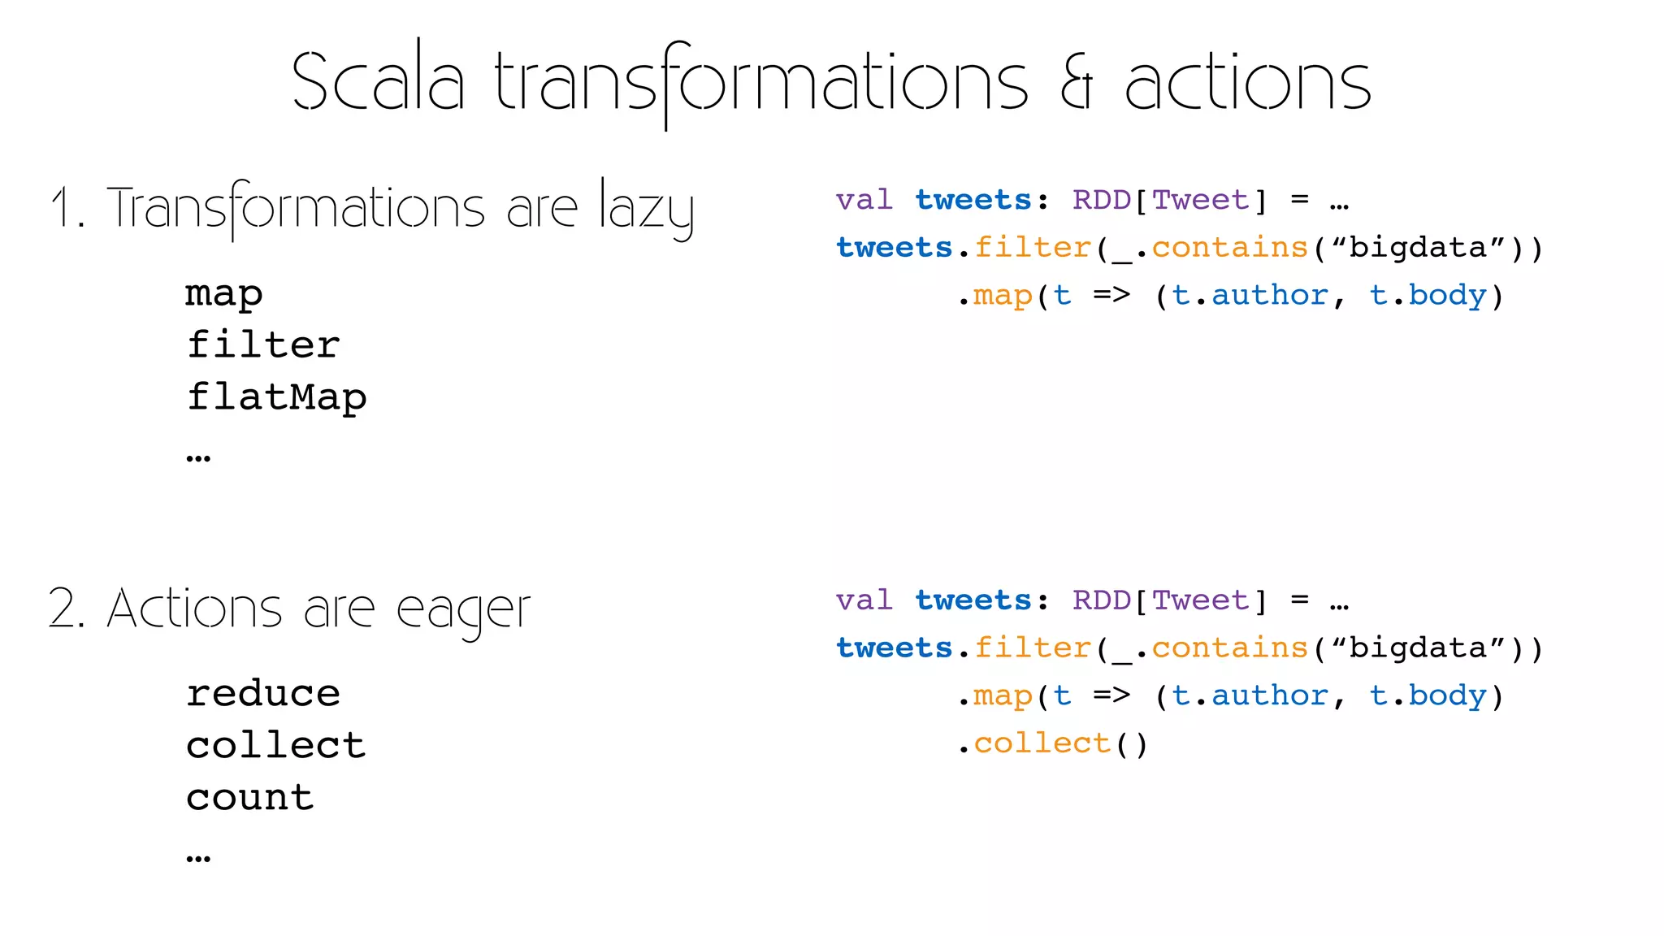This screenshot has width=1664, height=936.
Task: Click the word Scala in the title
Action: click(378, 81)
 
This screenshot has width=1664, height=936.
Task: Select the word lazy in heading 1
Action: click(647, 208)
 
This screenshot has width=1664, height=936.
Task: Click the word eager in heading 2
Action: click(463, 609)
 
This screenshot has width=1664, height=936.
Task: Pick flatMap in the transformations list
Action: click(276, 397)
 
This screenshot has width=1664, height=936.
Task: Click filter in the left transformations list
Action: click(263, 345)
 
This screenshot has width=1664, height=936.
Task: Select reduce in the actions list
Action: click(263, 693)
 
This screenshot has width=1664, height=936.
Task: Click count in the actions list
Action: click(250, 797)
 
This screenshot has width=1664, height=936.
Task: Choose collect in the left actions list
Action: click(276, 745)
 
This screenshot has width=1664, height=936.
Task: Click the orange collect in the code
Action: click(1042, 743)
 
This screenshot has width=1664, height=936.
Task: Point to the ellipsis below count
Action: click(198, 858)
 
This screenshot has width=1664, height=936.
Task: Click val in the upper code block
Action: click(864, 200)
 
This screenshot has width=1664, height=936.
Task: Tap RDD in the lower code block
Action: click(1102, 600)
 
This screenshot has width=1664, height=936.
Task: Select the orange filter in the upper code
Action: click(1033, 247)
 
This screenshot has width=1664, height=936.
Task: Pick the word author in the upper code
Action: click(1270, 295)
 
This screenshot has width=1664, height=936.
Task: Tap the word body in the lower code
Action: click(1447, 695)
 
